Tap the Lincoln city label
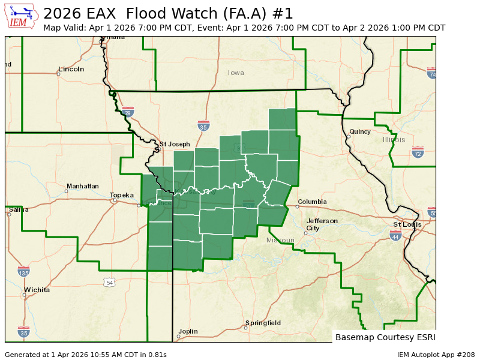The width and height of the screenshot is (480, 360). tap(71, 69)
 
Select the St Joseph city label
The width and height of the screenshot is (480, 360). tap(175, 144)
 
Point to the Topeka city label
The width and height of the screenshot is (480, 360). tap(122, 195)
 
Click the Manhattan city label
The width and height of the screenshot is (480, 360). tap(82, 186)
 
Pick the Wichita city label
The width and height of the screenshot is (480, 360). tap(37, 290)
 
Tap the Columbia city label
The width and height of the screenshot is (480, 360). tap(312, 202)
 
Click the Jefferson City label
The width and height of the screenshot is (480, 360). tap(322, 224)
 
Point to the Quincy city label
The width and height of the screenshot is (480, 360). tap(360, 131)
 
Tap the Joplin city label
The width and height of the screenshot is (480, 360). tap(188, 331)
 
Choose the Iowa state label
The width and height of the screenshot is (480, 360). tap(236, 73)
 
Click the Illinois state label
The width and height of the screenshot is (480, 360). tap(394, 140)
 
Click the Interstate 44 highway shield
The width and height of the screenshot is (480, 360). tap(395, 236)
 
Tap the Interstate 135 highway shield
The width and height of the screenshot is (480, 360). tap(23, 272)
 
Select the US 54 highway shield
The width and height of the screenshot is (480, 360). tap(108, 282)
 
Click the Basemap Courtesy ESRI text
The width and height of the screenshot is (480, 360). tap(385, 337)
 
